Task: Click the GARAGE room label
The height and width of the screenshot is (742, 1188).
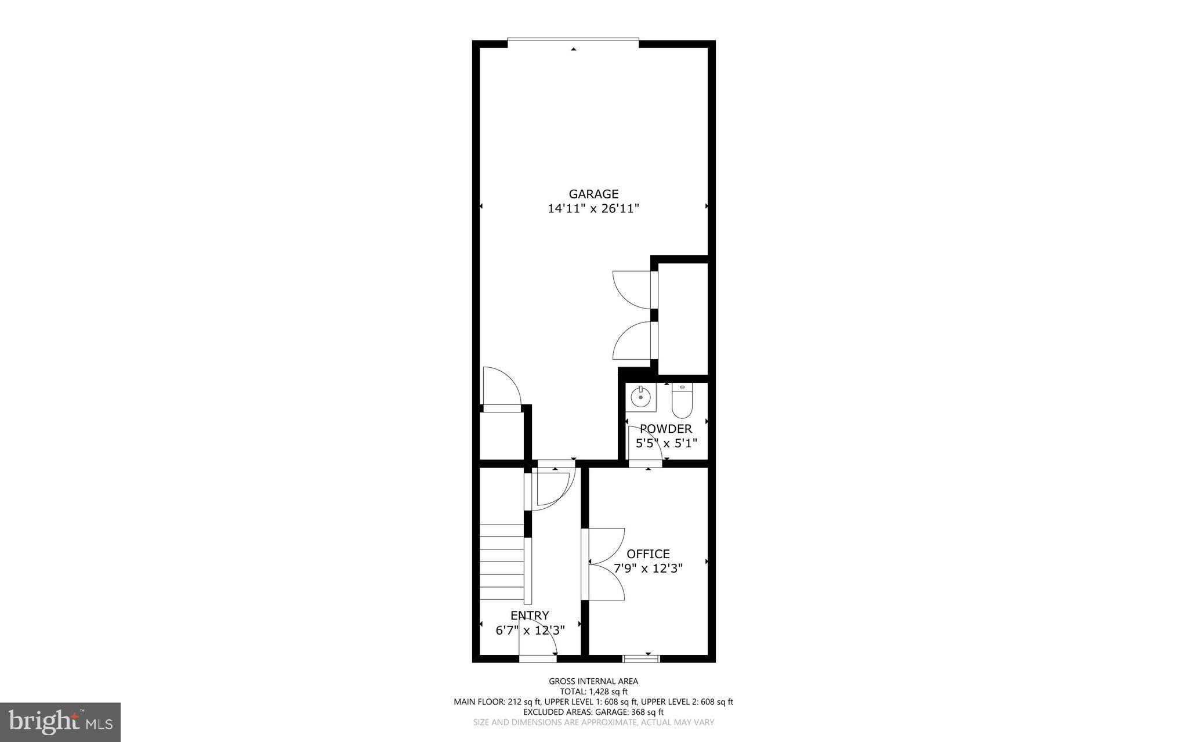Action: click(x=593, y=194)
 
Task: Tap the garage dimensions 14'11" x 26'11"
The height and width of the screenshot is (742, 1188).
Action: click(x=593, y=209)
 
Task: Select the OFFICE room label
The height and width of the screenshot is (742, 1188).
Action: click(x=648, y=554)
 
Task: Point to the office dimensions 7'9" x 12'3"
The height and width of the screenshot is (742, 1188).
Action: click(x=648, y=569)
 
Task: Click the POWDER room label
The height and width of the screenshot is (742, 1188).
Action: click(x=666, y=429)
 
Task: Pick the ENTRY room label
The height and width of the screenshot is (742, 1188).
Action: click(x=530, y=616)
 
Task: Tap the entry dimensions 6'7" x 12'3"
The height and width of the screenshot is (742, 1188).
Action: click(x=530, y=630)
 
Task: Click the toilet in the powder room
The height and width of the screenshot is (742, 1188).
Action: click(x=682, y=401)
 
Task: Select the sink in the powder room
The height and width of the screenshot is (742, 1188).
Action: click(x=640, y=398)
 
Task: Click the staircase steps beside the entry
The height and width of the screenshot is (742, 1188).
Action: click(x=502, y=563)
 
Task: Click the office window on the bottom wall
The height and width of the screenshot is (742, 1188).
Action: click(x=642, y=658)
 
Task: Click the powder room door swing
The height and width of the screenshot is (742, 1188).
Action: click(x=644, y=444)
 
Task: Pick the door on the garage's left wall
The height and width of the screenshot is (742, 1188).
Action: click(x=501, y=388)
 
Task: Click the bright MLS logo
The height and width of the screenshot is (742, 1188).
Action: click(x=60, y=722)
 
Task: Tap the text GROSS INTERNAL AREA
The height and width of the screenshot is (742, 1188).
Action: click(x=593, y=682)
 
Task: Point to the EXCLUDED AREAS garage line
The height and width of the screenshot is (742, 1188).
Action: click(x=593, y=712)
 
